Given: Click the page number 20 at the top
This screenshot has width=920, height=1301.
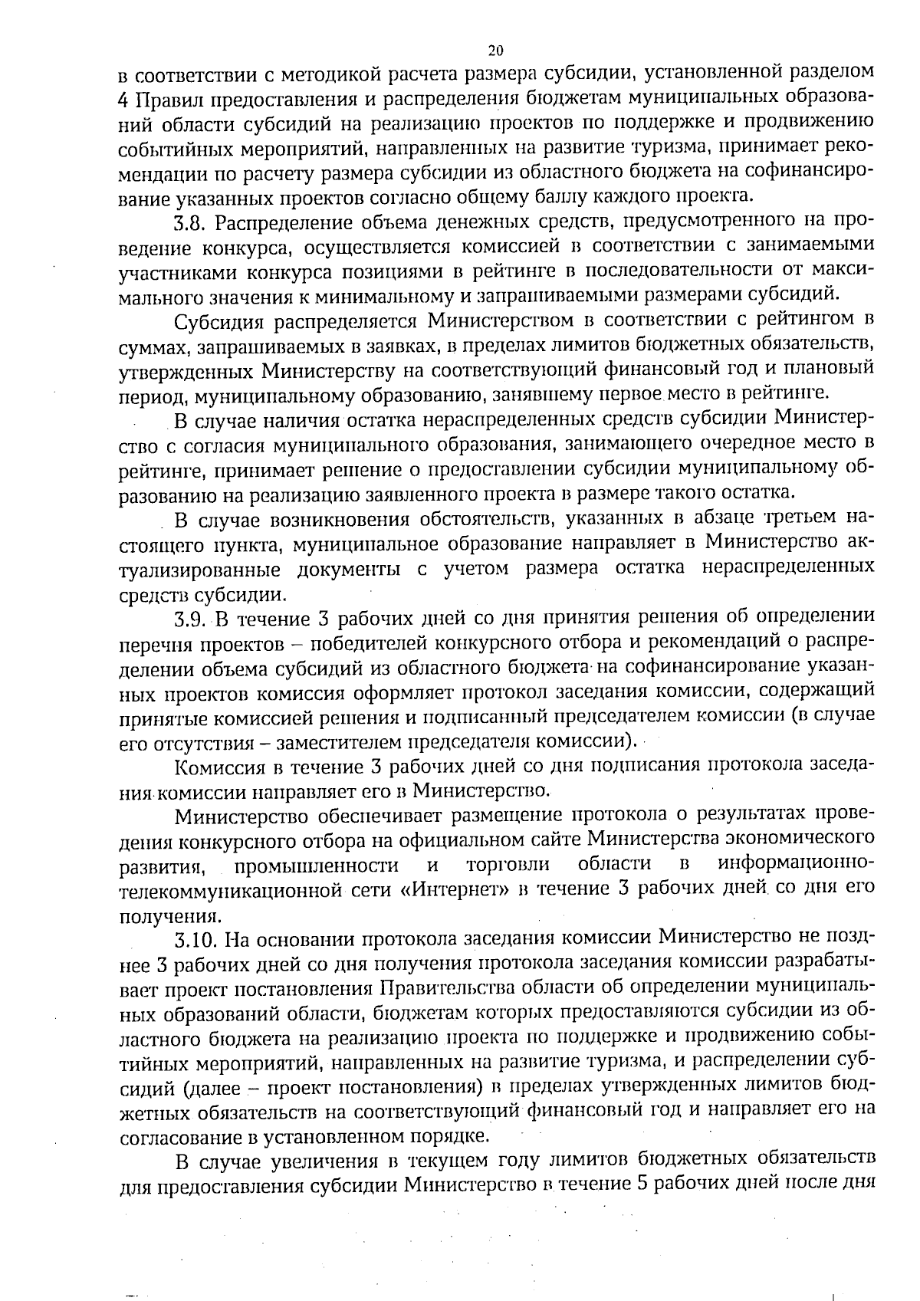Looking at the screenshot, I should point(495,51).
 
